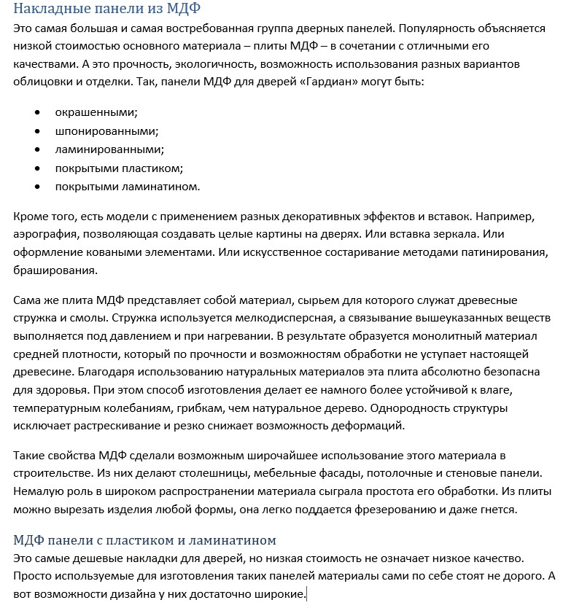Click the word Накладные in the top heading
click(48, 9)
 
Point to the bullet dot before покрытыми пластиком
click(37, 168)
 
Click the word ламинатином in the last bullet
click(164, 187)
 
